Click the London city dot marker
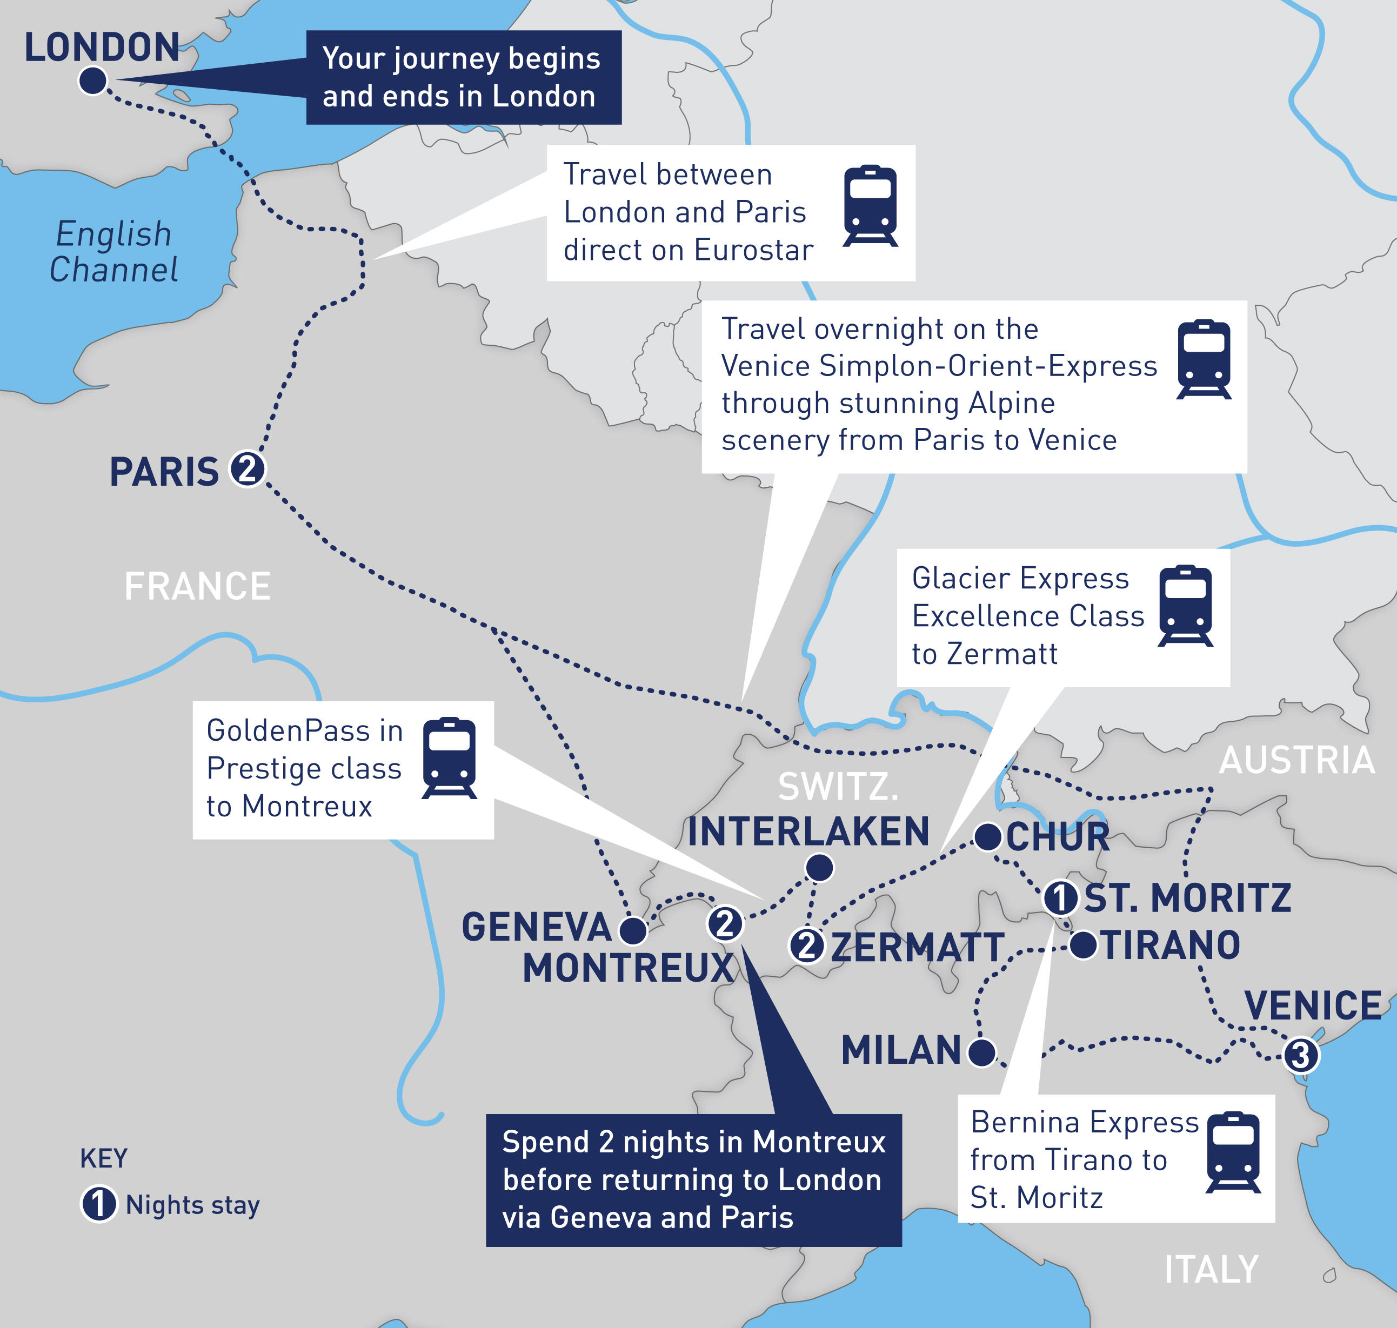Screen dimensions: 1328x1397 [93, 80]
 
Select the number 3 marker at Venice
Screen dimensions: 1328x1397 [1301, 1056]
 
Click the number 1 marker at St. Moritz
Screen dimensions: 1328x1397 [1061, 897]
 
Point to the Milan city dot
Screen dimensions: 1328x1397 [981, 1052]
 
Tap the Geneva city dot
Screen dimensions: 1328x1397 [633, 930]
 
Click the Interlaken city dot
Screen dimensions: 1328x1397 [819, 867]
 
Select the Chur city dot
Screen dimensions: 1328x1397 [988, 837]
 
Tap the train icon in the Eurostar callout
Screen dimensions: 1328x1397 [870, 206]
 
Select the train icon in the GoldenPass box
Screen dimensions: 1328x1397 [449, 758]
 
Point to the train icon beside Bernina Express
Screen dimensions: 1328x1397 [1233, 1152]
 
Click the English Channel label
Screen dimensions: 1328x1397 [113, 252]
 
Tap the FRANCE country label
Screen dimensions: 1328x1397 [198, 587]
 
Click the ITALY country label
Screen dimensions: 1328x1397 [1212, 1269]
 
